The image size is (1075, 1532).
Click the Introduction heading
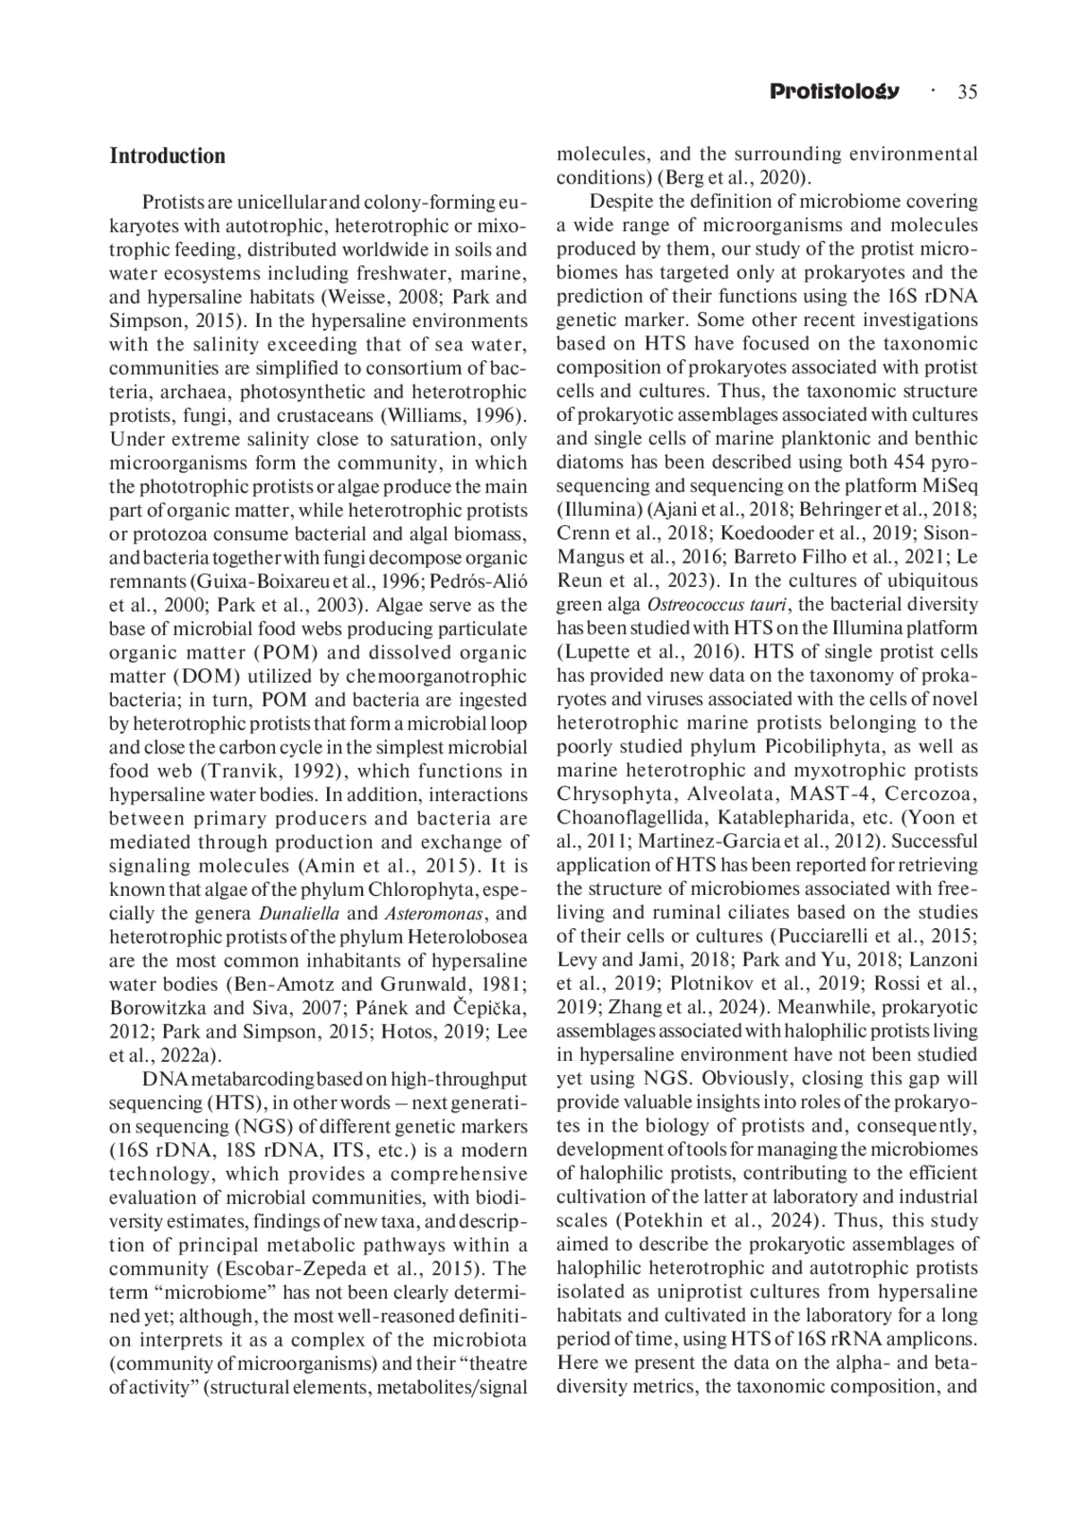tap(168, 157)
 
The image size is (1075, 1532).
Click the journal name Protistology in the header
tap(834, 91)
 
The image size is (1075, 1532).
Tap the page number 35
tap(967, 91)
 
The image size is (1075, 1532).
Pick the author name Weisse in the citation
tap(355, 297)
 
